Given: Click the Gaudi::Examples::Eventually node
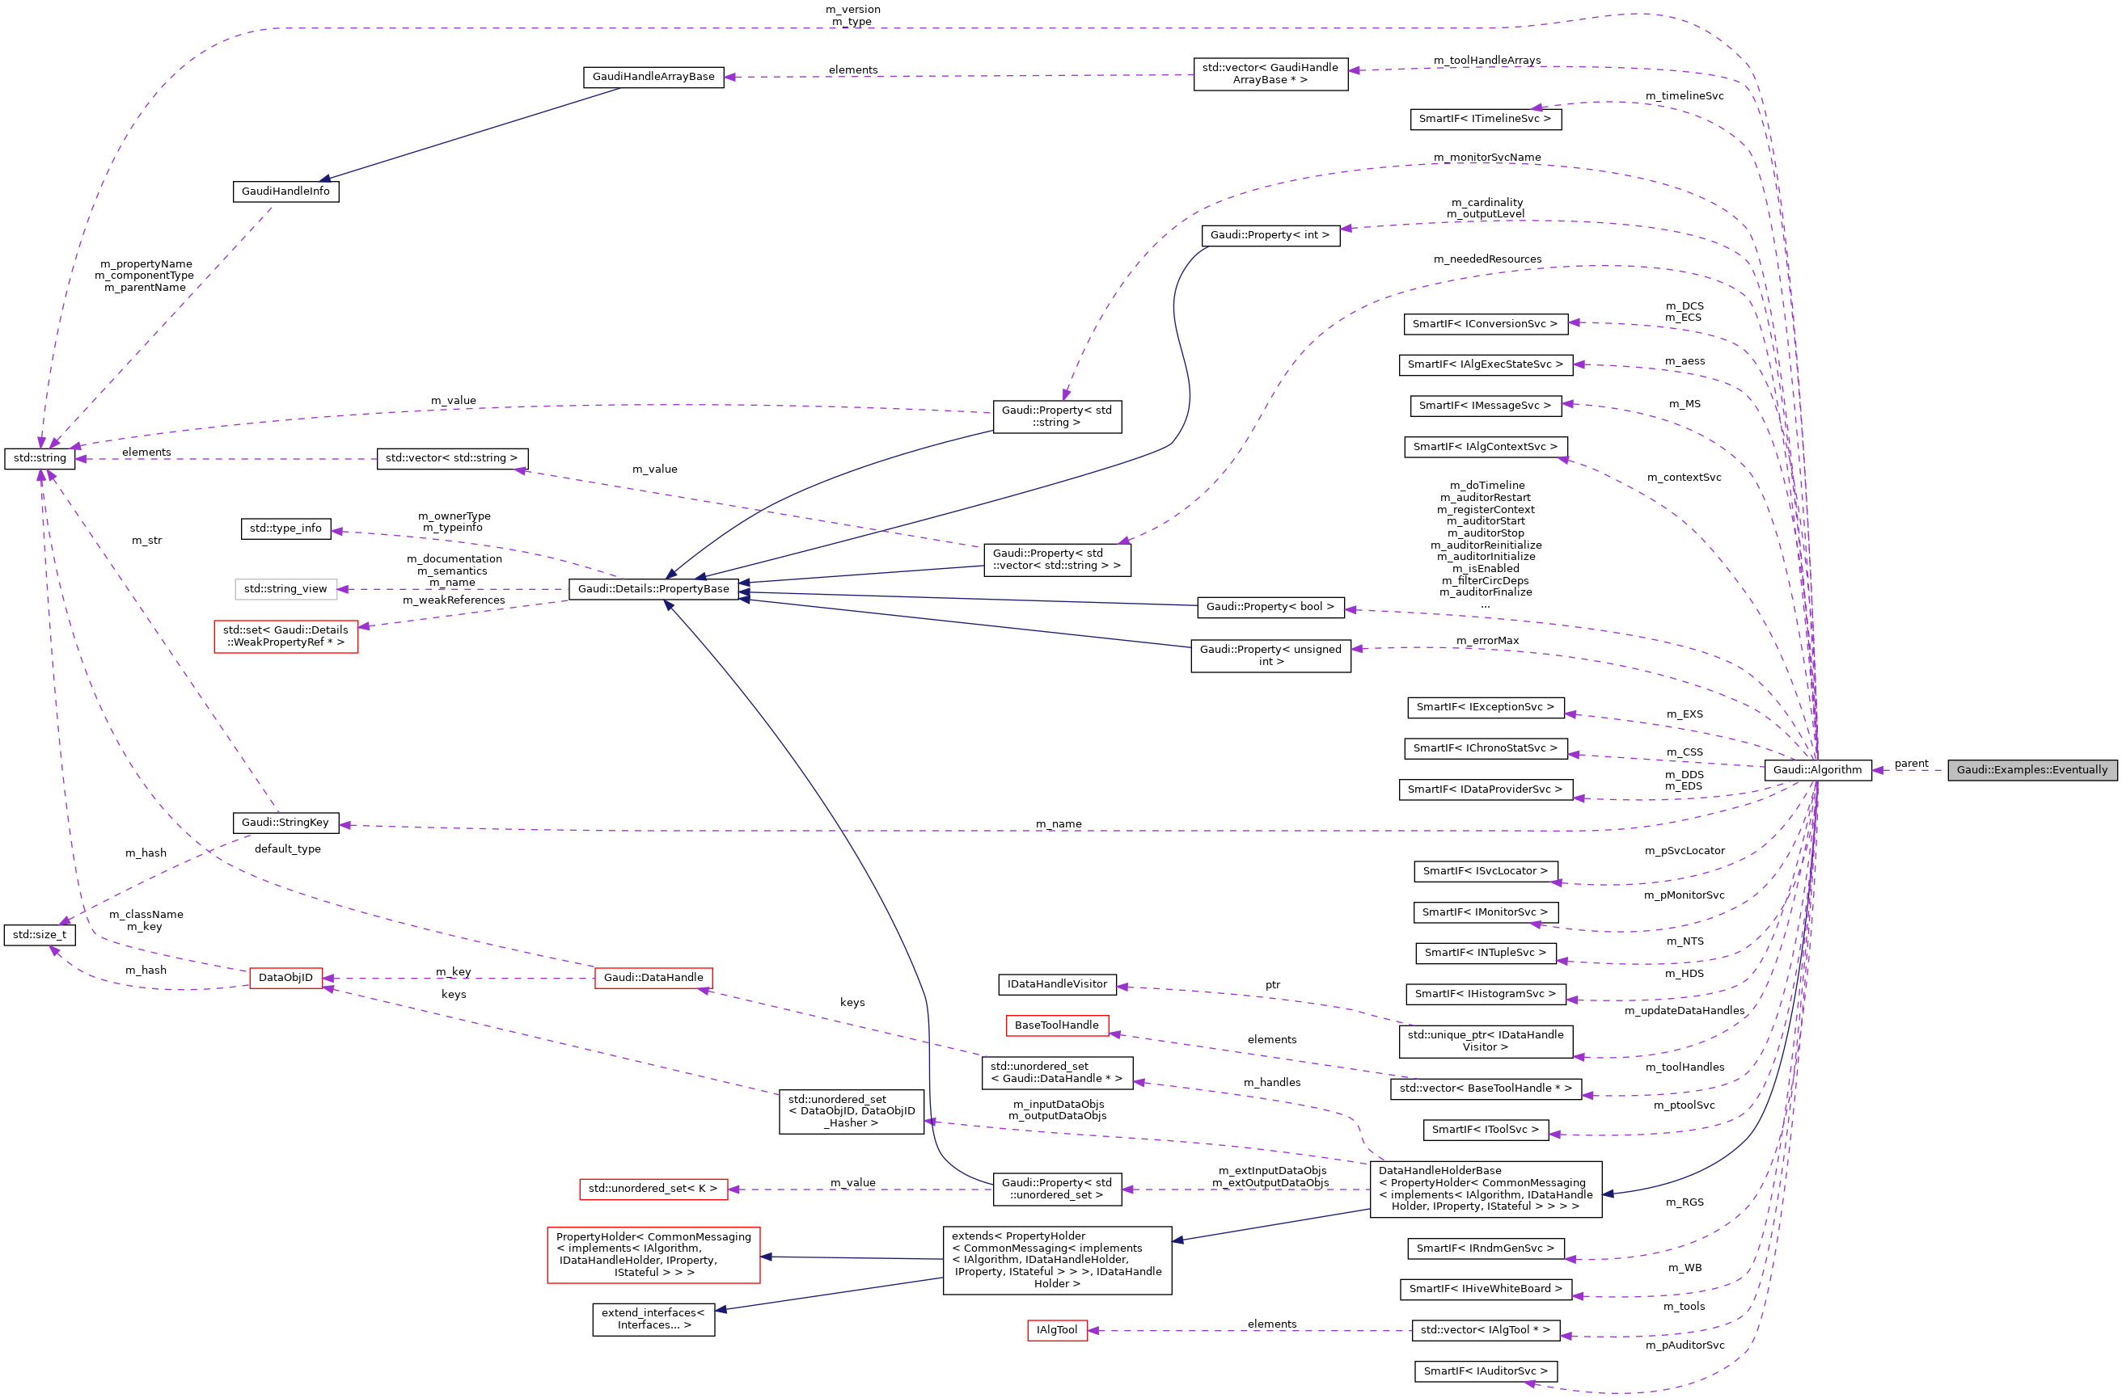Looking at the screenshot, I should tap(2031, 769).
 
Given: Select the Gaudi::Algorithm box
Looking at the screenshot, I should tap(1817, 769).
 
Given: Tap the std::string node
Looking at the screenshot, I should tap(40, 458).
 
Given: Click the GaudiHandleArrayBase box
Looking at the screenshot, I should tap(653, 77).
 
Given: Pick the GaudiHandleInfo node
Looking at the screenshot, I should tap(285, 191).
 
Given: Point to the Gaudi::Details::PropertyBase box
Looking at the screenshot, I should tap(653, 588).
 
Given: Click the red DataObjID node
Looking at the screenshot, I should tap(285, 977).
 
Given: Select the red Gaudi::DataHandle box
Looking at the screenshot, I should tap(653, 977).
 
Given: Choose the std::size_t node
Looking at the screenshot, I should tap(40, 934).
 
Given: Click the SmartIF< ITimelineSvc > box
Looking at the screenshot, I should tap(1485, 119).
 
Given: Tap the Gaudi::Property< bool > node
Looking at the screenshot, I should tap(1270, 606).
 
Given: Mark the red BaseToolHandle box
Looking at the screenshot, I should tap(1056, 1025).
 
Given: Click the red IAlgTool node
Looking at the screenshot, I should tap(1056, 1329).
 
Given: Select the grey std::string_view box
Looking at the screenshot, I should tap(285, 588).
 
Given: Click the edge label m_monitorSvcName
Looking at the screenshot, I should tap(1486, 157).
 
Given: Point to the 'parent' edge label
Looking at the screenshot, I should tap(1911, 763).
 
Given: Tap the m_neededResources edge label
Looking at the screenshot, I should tap(1487, 259).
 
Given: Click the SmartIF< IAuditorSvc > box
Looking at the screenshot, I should tap(1485, 1371).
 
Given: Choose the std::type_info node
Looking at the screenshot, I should tap(285, 528).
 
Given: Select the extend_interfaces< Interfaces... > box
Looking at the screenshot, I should tap(653, 1319).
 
